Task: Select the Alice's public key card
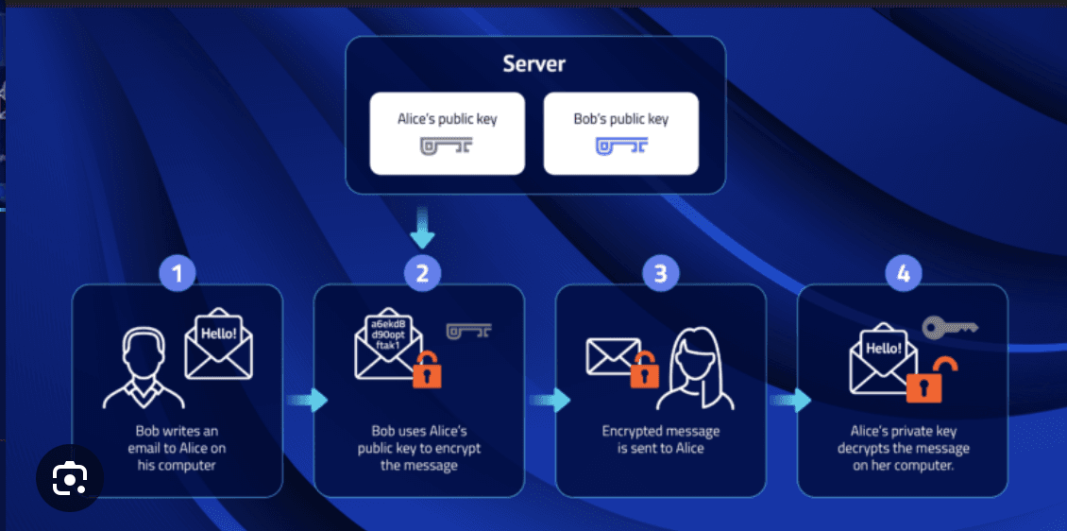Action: coord(447,133)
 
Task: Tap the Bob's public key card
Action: coord(620,133)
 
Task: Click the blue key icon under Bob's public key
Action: coord(620,146)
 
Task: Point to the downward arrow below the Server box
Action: coord(423,231)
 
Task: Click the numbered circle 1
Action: coord(178,274)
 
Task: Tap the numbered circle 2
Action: coord(423,274)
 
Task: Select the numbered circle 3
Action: coord(661,274)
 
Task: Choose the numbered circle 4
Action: coord(904,274)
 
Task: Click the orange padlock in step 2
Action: coord(427,370)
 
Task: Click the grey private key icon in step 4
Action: coord(949,327)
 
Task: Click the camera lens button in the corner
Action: coord(69,479)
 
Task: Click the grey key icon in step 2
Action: coord(469,331)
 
